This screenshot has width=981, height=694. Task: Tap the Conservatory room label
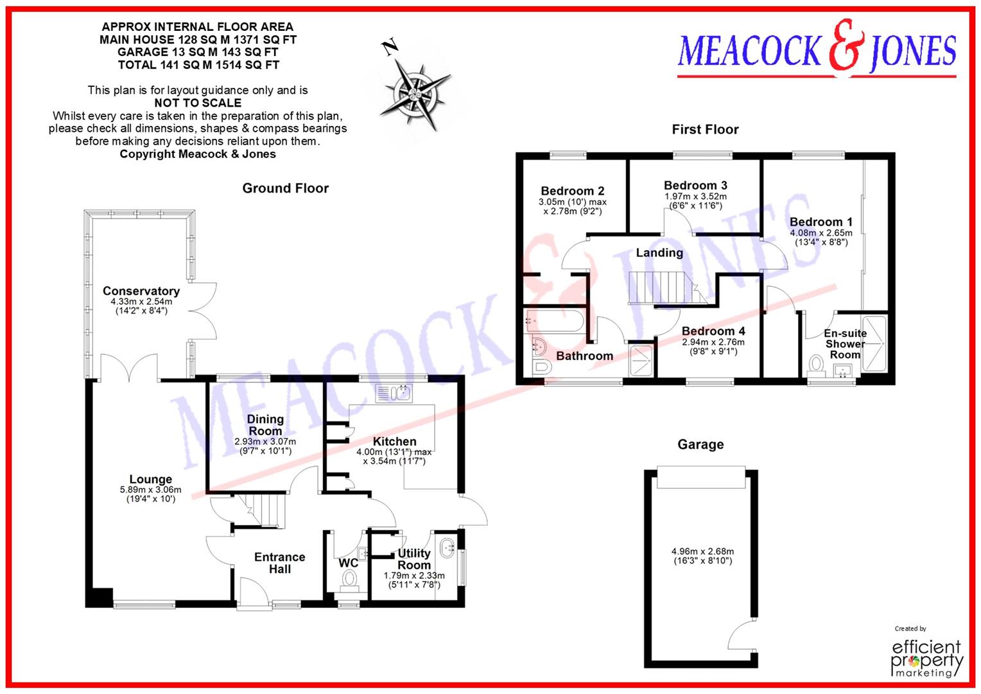tap(141, 291)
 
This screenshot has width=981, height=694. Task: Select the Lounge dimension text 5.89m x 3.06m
tap(150, 490)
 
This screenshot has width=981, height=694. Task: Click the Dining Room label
tap(265, 425)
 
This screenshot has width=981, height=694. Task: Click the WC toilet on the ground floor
tap(349, 580)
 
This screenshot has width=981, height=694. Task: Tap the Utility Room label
tap(414, 559)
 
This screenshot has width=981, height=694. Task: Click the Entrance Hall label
tap(279, 563)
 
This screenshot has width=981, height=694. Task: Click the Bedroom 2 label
tap(572, 191)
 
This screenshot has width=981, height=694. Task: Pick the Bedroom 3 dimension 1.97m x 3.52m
tap(695, 197)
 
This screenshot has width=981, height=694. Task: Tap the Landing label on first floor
tap(659, 253)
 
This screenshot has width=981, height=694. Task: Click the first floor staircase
tap(661, 287)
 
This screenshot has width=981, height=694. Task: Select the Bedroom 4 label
tap(713, 331)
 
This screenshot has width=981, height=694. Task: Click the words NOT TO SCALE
tap(198, 103)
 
